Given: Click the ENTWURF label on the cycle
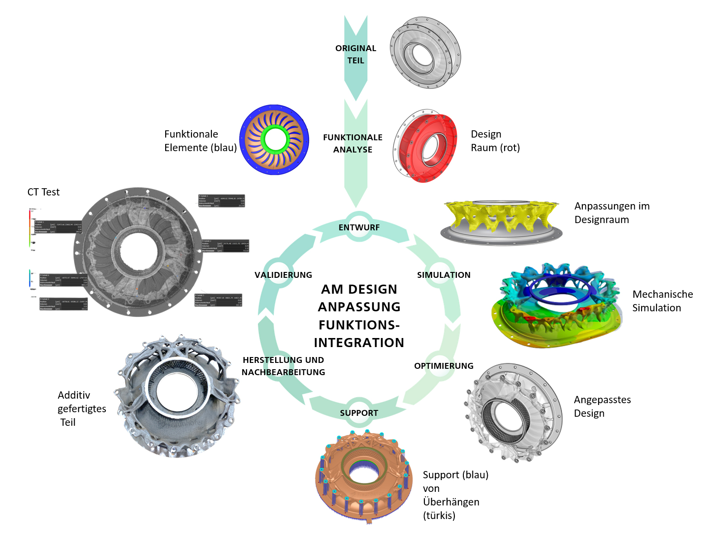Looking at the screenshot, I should click(x=359, y=228).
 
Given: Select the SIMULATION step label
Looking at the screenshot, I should click(x=443, y=275).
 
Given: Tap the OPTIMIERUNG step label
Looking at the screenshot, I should click(x=443, y=366).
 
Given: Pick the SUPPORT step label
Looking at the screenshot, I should click(x=359, y=413).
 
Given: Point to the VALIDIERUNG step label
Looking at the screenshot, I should click(x=283, y=275).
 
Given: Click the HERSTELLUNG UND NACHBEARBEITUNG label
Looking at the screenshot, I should click(x=283, y=366).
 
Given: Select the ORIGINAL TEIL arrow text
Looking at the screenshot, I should click(x=356, y=54).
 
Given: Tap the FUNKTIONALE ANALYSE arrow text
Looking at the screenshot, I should click(x=352, y=143).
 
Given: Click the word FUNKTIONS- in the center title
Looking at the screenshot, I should click(x=359, y=325).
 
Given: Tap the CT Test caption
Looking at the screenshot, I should click(x=43, y=192).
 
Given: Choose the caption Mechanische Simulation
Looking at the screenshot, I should click(x=662, y=301).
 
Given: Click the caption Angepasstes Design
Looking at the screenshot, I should click(x=602, y=406).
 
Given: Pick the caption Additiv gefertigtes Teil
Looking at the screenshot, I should click(x=81, y=409).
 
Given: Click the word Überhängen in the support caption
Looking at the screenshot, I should click(x=451, y=502).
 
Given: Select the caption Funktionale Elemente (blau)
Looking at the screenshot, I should click(x=200, y=141).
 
